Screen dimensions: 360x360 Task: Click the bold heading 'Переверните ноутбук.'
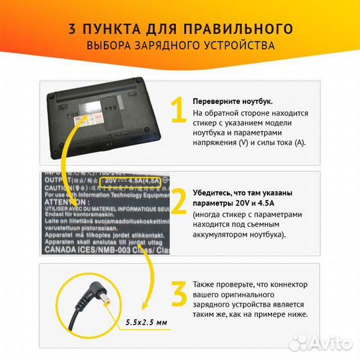pyautogui.click(x=233, y=101)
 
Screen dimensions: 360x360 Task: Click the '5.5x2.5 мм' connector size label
pyautogui.click(x=145, y=323)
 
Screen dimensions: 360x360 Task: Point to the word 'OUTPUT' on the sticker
pyautogui.click(x=57, y=179)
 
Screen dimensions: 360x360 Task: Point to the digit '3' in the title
pyautogui.click(x=71, y=29)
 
